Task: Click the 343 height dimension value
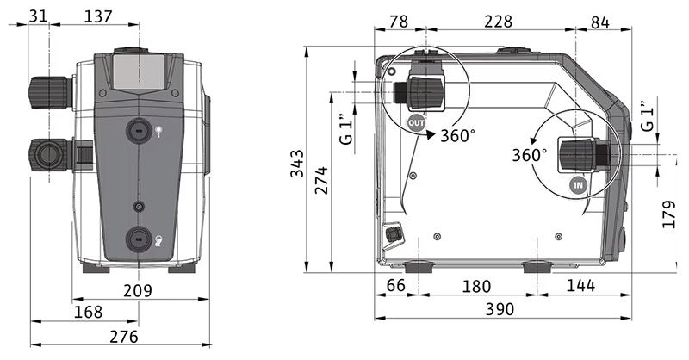297,164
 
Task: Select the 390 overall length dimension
500,309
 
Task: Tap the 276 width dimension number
123,336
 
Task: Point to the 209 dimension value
138,290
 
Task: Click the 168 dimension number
88,312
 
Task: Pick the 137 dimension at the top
98,16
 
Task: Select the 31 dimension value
38,16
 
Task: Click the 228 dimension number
499,22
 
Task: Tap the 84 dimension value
600,22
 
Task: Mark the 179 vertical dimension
669,214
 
